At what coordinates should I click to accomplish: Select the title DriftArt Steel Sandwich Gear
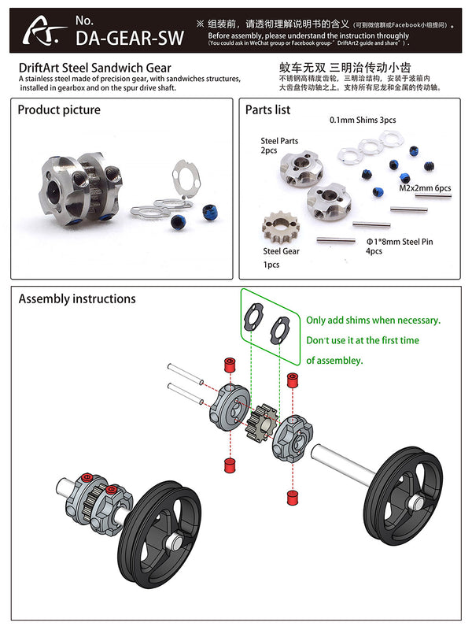(x=94, y=69)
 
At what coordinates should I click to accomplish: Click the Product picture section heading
(x=60, y=109)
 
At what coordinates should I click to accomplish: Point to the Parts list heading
(x=267, y=109)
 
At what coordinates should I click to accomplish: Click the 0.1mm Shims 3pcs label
(x=362, y=120)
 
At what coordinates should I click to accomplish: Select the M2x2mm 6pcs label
(x=426, y=188)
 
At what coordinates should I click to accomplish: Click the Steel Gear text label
(x=281, y=251)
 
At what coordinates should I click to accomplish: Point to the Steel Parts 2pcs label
(x=279, y=146)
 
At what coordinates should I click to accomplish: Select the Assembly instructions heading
(x=77, y=298)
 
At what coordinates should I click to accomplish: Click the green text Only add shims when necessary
(x=373, y=321)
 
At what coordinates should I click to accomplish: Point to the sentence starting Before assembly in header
(x=308, y=35)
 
